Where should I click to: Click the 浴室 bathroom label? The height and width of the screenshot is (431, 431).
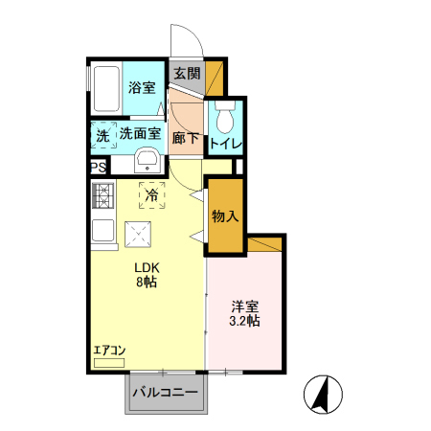point(143,87)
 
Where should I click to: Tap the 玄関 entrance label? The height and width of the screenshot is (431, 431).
point(188,74)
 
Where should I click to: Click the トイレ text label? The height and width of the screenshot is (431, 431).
point(226,145)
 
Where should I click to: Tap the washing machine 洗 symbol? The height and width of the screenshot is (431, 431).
point(103,135)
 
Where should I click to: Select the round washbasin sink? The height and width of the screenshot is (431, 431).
point(147,159)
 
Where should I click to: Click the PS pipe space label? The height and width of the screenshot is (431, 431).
point(99,167)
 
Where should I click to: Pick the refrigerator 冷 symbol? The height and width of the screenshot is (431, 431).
point(151,194)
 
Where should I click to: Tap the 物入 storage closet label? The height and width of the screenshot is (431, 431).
point(225,215)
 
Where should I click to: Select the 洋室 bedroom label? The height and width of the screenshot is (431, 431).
point(245,306)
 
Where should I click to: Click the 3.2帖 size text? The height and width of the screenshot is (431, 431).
point(245,322)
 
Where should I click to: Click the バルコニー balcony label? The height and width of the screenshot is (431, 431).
point(165,393)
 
